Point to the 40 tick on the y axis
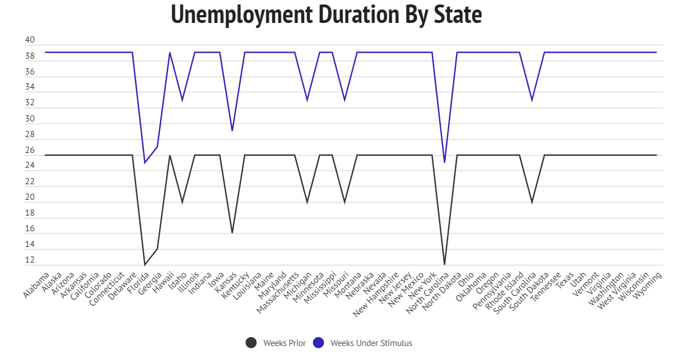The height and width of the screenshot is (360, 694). pyautogui.click(x=30, y=40)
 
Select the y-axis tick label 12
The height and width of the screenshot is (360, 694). pyautogui.click(x=30, y=260)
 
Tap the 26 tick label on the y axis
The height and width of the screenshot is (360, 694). pyautogui.click(x=30, y=151)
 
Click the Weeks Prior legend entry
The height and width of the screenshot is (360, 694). pyautogui.click(x=276, y=343)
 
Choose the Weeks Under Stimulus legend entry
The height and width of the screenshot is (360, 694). pyautogui.click(x=362, y=343)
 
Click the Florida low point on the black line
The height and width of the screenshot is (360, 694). pyautogui.click(x=145, y=265)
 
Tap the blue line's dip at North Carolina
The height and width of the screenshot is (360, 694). pyautogui.click(x=444, y=162)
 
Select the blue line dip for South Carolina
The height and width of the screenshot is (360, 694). pyautogui.click(x=532, y=100)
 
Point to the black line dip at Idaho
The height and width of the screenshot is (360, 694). pyautogui.click(x=182, y=202)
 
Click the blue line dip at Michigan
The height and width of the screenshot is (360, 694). pyautogui.click(x=307, y=100)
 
